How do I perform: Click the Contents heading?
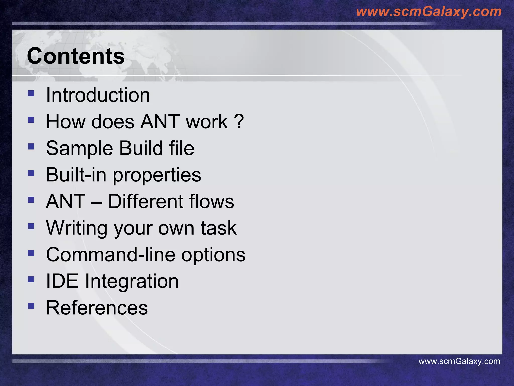click(76, 56)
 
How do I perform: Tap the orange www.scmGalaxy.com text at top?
click(429, 12)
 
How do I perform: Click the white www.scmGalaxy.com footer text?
click(459, 361)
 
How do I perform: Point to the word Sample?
click(80, 148)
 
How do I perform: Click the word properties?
click(157, 175)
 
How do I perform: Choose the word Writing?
click(77, 228)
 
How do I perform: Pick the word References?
click(97, 308)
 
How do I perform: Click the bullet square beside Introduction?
click(31, 93)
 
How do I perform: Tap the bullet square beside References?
click(31, 306)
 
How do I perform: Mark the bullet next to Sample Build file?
click(31, 147)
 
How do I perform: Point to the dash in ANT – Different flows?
click(97, 202)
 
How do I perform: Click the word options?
click(213, 255)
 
